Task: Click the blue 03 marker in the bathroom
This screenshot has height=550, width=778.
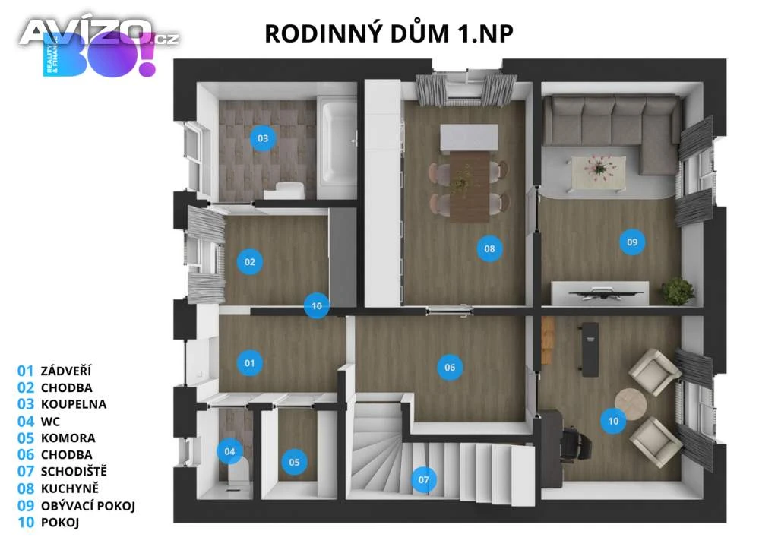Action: coord(263,138)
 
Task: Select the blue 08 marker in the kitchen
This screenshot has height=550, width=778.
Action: coord(489,248)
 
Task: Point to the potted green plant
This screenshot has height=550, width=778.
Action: coord(678,291)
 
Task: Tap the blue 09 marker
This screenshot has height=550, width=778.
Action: coord(632,242)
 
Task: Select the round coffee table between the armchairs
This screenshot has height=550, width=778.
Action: coord(630,403)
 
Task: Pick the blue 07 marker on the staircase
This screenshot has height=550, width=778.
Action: coord(423,479)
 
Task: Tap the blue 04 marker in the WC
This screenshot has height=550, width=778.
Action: coord(229,451)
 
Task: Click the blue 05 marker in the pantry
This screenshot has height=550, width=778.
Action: coord(294,462)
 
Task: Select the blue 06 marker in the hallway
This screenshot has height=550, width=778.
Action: coord(450,368)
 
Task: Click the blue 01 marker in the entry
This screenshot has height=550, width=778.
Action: coord(249,363)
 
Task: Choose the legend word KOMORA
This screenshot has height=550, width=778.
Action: coord(68,438)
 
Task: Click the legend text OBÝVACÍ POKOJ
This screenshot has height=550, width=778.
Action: coord(88,506)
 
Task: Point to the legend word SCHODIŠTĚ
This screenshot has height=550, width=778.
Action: coord(74,471)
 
